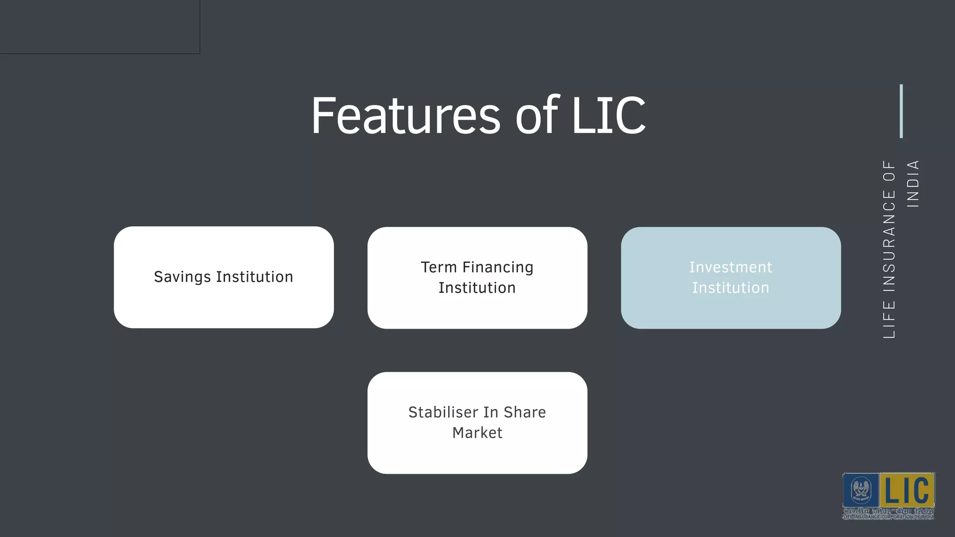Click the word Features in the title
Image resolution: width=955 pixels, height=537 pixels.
[406, 115]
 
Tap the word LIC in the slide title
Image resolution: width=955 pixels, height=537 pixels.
[608, 115]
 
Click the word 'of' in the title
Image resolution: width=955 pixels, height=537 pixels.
[536, 115]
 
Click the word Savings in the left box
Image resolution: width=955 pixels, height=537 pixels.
[182, 277]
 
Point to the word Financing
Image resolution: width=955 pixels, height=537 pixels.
[498, 268]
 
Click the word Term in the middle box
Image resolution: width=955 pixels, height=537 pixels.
[438, 268]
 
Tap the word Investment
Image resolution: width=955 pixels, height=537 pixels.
[731, 268]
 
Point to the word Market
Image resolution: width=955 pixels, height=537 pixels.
[477, 433]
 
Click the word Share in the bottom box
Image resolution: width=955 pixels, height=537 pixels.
[525, 413]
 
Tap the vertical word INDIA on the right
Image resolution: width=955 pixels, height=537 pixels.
[913, 184]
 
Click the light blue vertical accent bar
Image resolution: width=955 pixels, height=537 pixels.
[901, 111]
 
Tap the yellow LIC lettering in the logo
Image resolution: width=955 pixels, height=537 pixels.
[907, 490]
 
